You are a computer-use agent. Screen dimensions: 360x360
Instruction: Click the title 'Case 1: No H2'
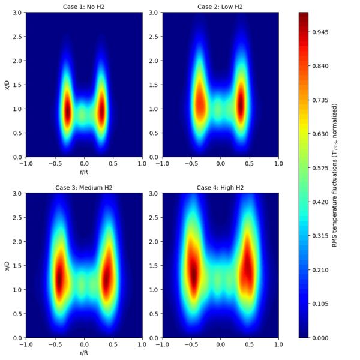84,7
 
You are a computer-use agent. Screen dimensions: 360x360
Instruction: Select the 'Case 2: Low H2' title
220,7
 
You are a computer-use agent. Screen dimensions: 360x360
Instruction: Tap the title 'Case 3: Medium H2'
84,187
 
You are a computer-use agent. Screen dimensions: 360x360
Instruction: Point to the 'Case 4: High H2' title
220,187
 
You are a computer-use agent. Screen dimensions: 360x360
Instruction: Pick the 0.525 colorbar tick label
322,167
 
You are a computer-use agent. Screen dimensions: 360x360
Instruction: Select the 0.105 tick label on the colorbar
322,304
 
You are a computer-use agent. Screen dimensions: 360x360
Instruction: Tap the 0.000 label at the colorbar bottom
322,338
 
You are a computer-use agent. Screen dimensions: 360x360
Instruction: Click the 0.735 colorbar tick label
322,100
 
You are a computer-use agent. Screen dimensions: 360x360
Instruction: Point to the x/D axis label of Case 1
7,85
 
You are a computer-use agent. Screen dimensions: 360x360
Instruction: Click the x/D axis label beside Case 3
7,265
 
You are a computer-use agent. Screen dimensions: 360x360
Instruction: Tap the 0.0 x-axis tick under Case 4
220,345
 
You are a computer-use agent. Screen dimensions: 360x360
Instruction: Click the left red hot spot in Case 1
67,111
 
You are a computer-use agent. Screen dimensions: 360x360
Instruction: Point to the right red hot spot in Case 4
249,270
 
